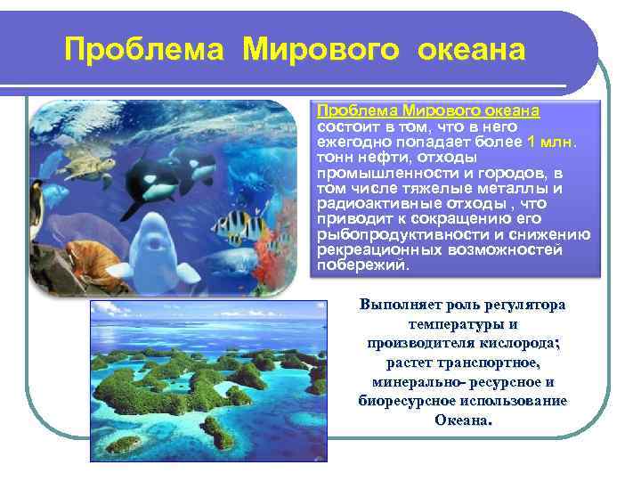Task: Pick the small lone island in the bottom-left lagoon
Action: coord(125,444)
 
